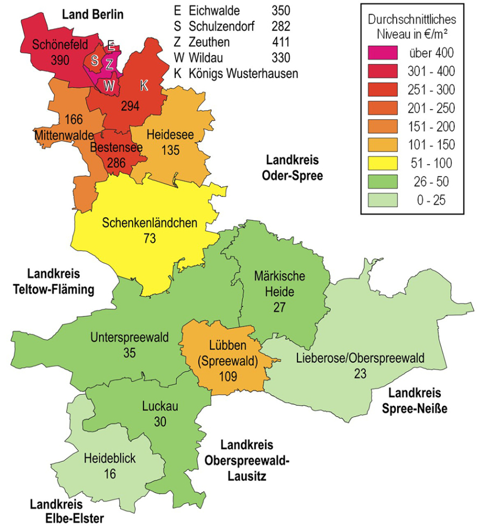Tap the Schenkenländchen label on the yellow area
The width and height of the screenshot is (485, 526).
point(150,223)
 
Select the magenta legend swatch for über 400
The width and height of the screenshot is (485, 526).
point(383,52)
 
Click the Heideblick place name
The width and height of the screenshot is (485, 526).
point(110,459)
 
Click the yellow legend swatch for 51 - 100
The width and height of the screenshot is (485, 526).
point(383,163)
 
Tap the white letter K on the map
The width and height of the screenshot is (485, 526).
point(143,85)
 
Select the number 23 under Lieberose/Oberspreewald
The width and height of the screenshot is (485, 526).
point(361,372)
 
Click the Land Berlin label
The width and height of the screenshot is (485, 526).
point(91,15)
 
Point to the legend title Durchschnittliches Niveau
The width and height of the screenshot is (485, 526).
point(411,26)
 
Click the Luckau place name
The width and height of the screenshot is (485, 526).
point(160,407)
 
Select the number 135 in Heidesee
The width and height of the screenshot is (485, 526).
point(170,150)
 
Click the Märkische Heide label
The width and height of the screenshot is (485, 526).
point(279,284)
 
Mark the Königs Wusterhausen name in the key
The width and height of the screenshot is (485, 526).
point(244,73)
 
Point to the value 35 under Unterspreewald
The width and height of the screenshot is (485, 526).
point(129,354)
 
